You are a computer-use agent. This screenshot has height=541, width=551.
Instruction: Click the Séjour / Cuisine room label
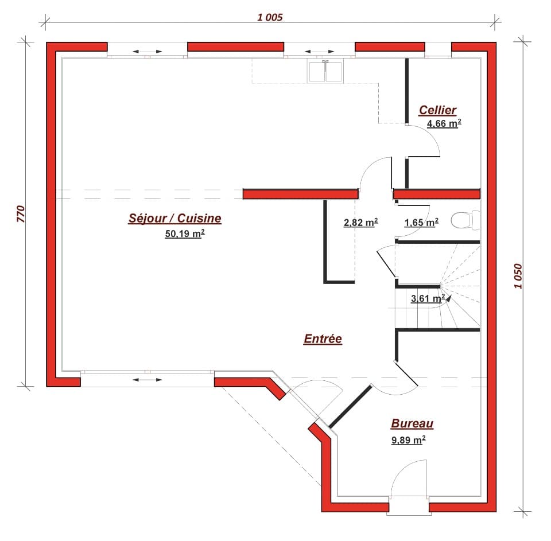[174, 218]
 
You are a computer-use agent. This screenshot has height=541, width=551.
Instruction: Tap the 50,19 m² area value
[185, 233]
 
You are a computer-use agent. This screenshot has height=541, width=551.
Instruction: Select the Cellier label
[437, 110]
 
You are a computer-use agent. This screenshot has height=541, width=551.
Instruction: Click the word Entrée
[323, 339]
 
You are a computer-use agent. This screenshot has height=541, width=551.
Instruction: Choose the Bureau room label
[412, 424]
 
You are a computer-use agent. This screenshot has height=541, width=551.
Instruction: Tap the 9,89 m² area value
[408, 440]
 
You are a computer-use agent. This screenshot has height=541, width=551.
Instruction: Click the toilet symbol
[465, 220]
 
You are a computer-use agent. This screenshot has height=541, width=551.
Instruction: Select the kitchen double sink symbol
[326, 71]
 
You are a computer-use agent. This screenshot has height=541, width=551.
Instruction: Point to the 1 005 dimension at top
[270, 17]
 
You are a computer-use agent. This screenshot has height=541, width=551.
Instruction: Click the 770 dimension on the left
[21, 213]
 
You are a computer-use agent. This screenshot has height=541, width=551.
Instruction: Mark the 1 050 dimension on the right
[519, 277]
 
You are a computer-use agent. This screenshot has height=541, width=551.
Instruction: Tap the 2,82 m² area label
[360, 223]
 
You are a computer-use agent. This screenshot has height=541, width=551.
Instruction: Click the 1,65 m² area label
[421, 223]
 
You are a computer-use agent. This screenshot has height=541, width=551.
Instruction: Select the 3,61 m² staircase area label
[428, 298]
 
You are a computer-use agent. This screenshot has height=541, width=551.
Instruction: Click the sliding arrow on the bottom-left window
[147, 379]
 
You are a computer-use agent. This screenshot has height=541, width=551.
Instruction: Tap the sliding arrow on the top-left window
[147, 52]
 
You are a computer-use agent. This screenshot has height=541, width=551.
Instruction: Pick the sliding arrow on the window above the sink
[319, 52]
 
